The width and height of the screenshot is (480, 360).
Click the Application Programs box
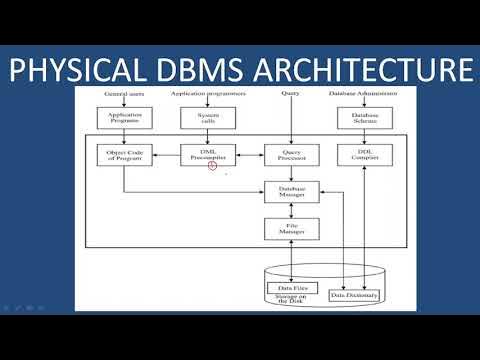(124, 118)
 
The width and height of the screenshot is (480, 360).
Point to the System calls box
(208, 118)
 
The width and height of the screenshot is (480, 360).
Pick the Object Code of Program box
(124, 154)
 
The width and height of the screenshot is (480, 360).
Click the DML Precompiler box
(208, 154)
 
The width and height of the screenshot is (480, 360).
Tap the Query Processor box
(290, 155)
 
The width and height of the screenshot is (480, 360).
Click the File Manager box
(290, 228)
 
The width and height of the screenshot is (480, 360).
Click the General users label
(124, 94)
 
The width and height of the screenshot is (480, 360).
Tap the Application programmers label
(208, 94)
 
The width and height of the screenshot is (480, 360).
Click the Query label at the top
(290, 94)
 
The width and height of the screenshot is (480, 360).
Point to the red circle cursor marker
(212, 165)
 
